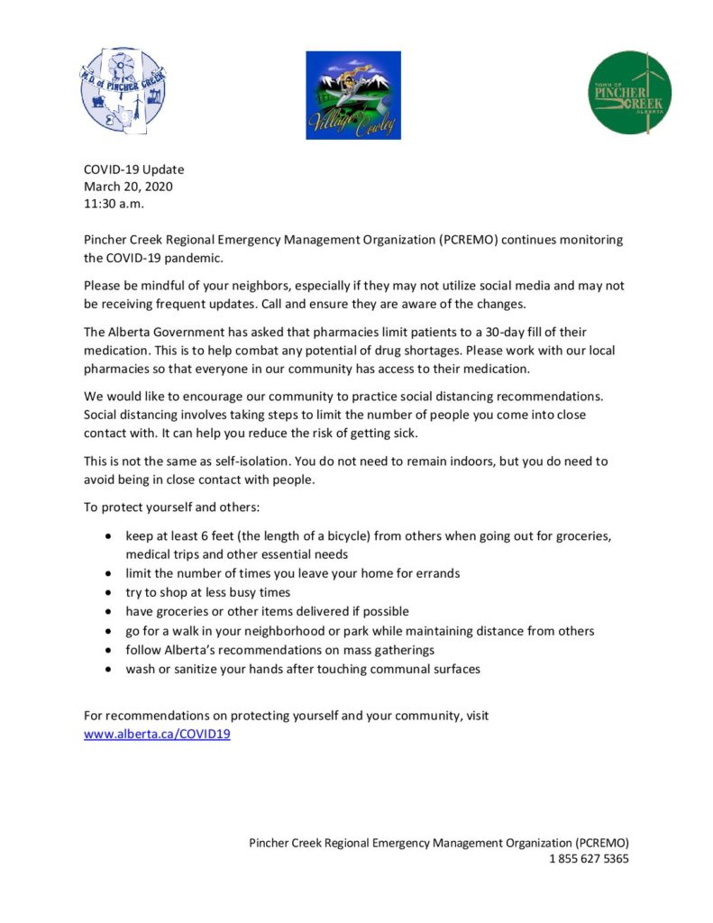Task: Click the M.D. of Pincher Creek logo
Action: click(123, 93)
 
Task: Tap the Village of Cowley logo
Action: click(353, 95)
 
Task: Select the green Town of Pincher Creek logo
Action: click(630, 93)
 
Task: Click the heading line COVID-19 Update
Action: click(133, 169)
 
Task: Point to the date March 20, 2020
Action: click(128, 187)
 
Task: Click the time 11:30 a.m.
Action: click(114, 204)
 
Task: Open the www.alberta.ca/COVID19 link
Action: click(157, 734)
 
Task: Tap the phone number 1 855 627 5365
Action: click(589, 858)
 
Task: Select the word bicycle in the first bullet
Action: click(333, 535)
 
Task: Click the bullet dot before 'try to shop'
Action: click(108, 592)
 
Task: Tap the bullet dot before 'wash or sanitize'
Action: click(108, 669)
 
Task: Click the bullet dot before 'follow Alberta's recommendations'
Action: click(108, 650)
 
